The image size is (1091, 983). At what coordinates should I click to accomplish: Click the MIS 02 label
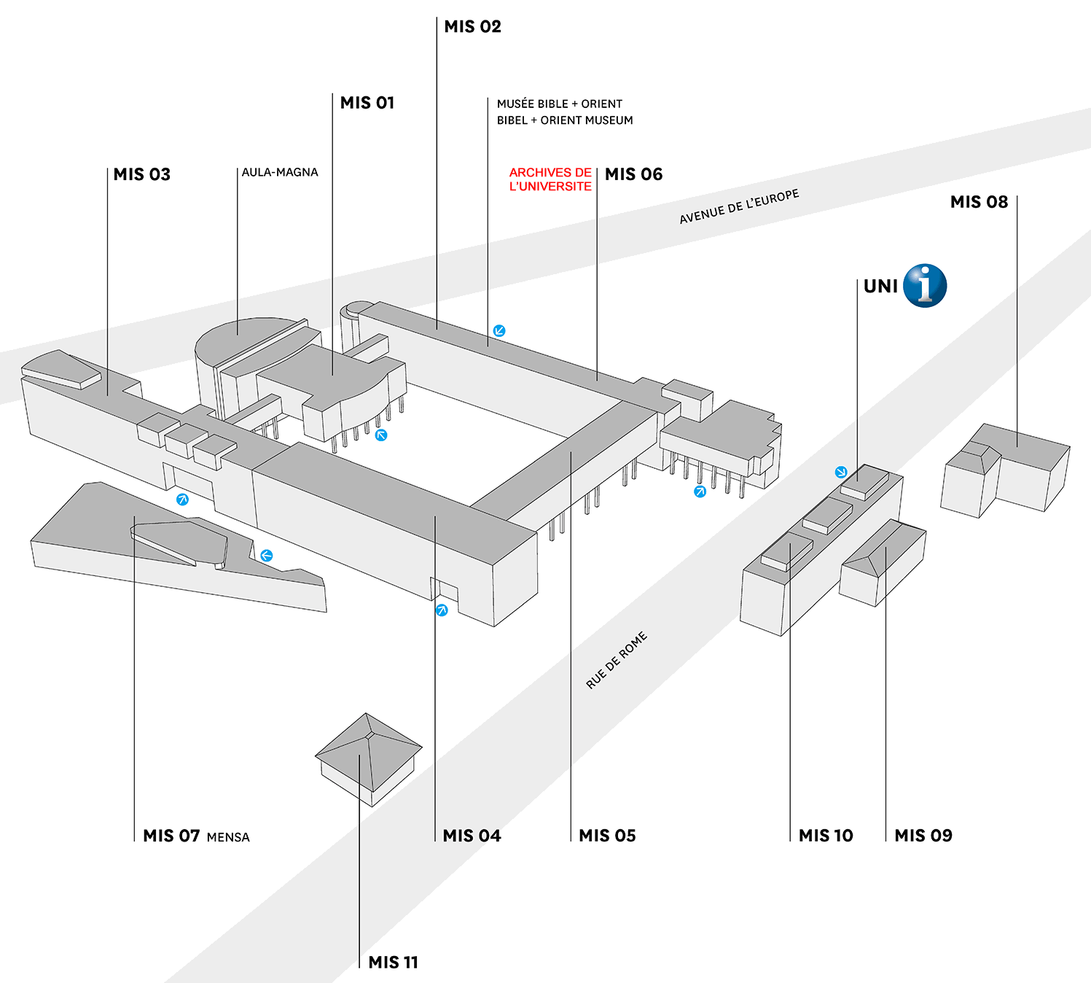click(x=472, y=27)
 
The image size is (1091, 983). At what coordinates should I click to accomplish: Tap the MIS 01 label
click(x=367, y=103)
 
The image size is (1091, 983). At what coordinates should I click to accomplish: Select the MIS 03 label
click(x=141, y=174)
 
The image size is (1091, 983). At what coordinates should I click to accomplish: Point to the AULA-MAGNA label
click(x=280, y=173)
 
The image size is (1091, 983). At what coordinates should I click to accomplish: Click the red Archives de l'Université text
click(x=550, y=179)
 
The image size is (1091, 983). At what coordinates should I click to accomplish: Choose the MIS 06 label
click(x=633, y=174)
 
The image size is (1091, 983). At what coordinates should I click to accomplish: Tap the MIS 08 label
click(x=979, y=202)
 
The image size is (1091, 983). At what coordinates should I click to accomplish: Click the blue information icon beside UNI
click(x=924, y=285)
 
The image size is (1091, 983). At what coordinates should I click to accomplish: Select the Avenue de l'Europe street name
click(x=739, y=207)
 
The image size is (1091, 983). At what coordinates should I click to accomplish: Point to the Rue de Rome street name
click(x=617, y=660)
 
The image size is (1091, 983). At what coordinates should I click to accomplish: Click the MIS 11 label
click(x=393, y=963)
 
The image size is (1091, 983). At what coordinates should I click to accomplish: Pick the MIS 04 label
click(x=472, y=836)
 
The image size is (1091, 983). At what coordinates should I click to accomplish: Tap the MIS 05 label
click(x=607, y=836)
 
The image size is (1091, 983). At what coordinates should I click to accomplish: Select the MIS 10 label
click(x=826, y=836)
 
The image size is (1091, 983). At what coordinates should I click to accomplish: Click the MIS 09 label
click(x=923, y=836)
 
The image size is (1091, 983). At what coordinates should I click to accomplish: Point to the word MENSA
click(x=228, y=838)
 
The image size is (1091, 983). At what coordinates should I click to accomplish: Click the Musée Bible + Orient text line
click(x=560, y=104)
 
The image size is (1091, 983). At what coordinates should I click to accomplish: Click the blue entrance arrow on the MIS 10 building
click(x=841, y=473)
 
